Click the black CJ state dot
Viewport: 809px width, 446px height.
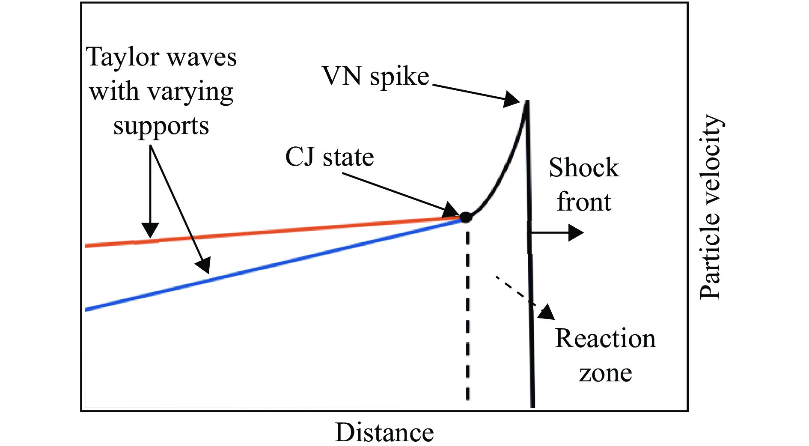466,217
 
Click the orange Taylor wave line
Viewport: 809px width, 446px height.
273,232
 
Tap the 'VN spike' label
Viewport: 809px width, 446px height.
375,77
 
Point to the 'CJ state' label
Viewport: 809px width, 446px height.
330,157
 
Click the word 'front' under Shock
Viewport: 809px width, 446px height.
584,202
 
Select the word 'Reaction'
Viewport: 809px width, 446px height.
605,339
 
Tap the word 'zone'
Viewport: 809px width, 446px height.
605,373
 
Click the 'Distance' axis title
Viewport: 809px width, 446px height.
384,432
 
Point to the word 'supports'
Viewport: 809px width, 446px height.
161,126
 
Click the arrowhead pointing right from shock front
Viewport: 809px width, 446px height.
576,233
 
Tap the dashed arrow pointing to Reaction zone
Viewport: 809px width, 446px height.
525,298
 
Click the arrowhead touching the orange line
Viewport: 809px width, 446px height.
150,230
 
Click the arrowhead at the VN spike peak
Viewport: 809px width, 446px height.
512,99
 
